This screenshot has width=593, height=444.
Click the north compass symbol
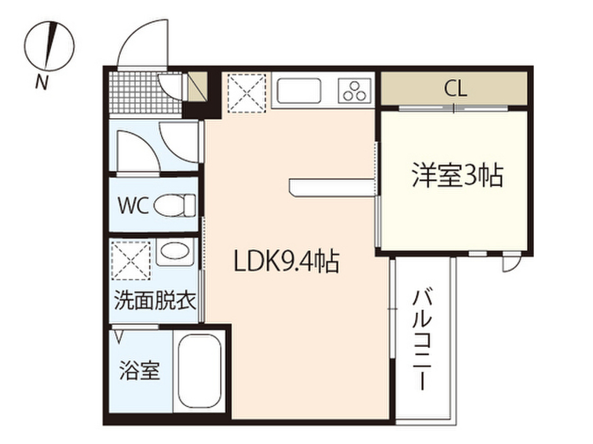point(50,46)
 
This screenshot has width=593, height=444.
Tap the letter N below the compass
point(42,82)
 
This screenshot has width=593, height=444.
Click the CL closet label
point(455,89)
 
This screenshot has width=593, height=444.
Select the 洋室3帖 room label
point(457,175)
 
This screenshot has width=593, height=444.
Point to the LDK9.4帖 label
point(286,261)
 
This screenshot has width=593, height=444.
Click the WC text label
point(133,206)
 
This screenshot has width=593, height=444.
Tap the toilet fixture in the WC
point(175,205)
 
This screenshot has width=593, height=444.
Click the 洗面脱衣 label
point(155,301)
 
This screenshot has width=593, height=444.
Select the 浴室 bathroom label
point(140,371)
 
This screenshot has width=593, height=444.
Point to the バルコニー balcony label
point(422,340)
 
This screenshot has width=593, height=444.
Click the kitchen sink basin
point(299,91)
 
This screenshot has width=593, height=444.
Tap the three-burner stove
point(355,91)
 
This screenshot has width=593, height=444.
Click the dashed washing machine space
point(131,261)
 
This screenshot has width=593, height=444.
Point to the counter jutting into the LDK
point(333,188)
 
